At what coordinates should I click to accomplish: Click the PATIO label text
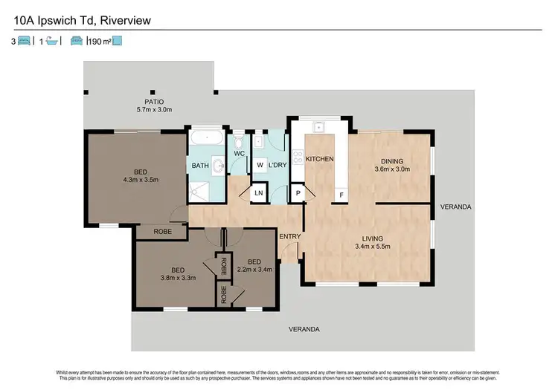pyautogui.click(x=154, y=102)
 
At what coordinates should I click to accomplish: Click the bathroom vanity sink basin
pyautogui.click(x=217, y=166)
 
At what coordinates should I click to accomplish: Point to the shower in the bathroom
pyautogui.click(x=199, y=192)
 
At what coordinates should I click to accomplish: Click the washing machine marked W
pyautogui.click(x=260, y=164)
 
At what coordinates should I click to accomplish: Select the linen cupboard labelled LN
pyautogui.click(x=258, y=192)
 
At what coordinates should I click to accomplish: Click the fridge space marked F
pyautogui.click(x=341, y=195)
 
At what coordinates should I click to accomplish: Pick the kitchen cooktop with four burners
pyautogui.click(x=298, y=157)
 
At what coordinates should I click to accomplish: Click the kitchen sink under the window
pyautogui.click(x=318, y=127)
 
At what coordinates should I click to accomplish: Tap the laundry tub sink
pyautogui.click(x=258, y=140)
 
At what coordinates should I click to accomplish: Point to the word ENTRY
pyautogui.click(x=289, y=236)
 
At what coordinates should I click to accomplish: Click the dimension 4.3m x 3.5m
pyautogui.click(x=140, y=179)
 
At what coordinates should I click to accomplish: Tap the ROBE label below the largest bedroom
pyautogui.click(x=162, y=231)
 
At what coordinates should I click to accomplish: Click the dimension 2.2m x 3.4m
pyautogui.click(x=254, y=270)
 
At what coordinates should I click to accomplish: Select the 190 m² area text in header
pyautogui.click(x=100, y=42)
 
